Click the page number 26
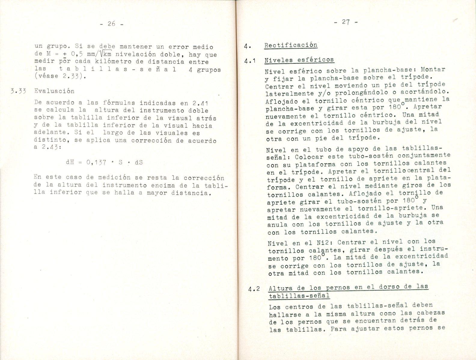[111, 24]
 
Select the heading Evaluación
[54, 91]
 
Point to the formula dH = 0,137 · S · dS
[104, 162]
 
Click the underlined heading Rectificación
[291, 45]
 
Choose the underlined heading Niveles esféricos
[299, 60]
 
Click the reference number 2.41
[200, 103]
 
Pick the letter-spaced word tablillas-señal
[117, 69]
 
